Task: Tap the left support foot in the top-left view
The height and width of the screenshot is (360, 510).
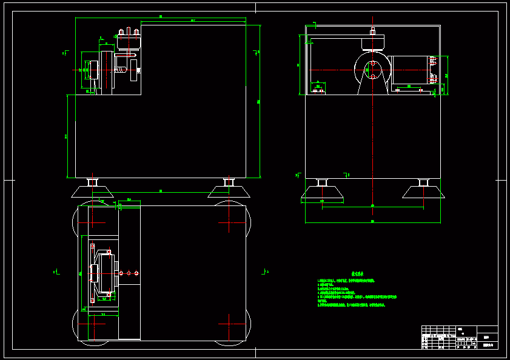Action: [93, 190]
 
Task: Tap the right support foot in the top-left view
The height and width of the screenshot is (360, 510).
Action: [229, 190]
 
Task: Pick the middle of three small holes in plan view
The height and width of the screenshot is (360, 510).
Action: [129, 273]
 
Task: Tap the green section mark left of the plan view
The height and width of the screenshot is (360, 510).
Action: [55, 272]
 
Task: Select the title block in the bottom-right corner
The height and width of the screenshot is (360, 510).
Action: [459, 337]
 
